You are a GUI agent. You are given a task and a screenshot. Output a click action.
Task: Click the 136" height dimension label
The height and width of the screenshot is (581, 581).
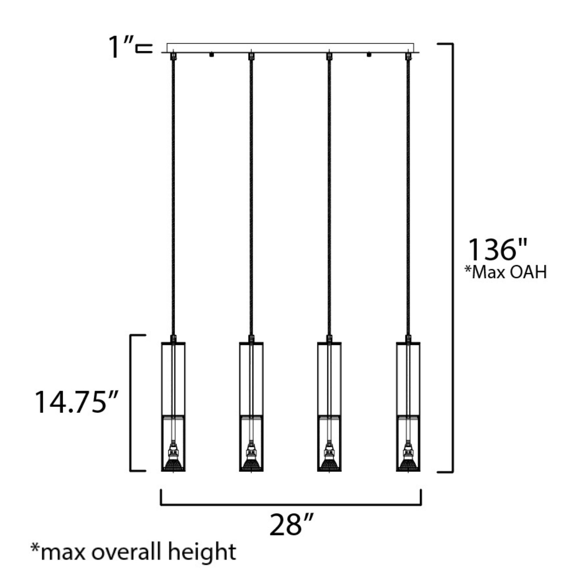click(x=498, y=250)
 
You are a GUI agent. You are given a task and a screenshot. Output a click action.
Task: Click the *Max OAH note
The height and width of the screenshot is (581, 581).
click(x=505, y=272)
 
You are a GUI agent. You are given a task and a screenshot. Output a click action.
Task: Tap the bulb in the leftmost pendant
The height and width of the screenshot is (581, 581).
click(x=173, y=463)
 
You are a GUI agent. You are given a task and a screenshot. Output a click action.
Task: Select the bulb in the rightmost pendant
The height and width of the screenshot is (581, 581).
click(x=408, y=463)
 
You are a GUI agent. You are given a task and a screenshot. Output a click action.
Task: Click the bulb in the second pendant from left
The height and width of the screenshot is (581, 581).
click(x=251, y=463)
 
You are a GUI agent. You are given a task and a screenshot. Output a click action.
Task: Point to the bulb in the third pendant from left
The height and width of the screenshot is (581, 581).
click(x=329, y=463)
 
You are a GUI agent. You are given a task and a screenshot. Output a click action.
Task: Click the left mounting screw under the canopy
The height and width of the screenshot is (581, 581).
click(x=211, y=55)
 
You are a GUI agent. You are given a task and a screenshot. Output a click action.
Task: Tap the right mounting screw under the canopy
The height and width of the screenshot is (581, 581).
click(x=369, y=55)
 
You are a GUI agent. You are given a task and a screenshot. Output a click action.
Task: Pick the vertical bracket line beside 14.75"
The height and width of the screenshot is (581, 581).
click(x=130, y=403)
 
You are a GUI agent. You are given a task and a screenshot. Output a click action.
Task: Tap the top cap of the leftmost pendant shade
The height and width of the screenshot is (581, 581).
click(x=173, y=343)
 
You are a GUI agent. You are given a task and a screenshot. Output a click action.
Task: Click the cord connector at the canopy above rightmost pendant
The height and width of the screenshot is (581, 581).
click(x=408, y=56)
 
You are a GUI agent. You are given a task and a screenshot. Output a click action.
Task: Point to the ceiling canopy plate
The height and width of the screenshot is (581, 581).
click(x=290, y=48)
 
